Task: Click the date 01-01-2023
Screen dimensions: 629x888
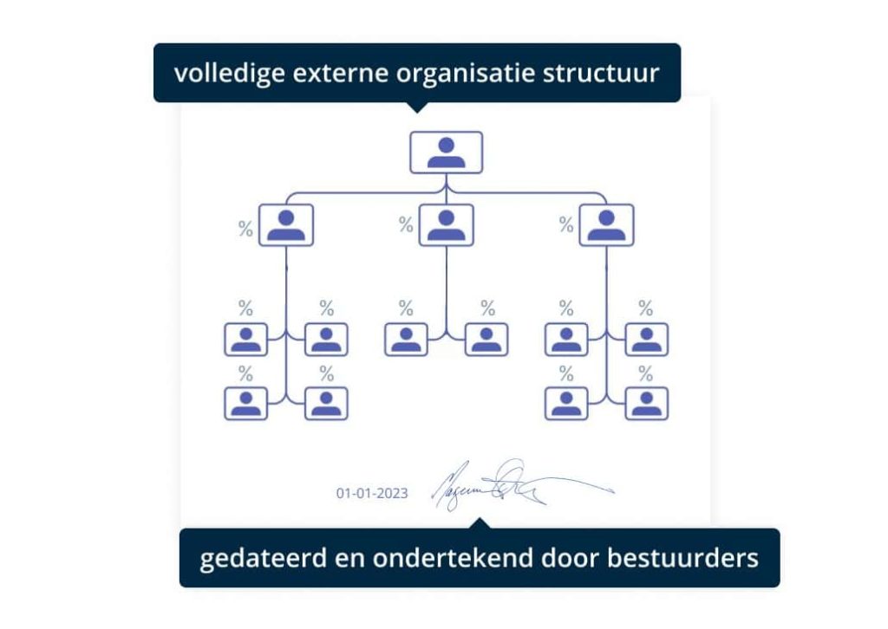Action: point(372,493)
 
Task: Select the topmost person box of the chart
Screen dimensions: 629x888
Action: point(446,152)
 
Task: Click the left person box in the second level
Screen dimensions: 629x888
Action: point(286,225)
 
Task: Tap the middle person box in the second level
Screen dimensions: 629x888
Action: point(446,225)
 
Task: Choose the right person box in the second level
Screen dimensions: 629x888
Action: point(606,225)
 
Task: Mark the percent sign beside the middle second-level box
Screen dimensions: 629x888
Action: point(406,226)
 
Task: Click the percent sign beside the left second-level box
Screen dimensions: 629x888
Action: point(245,229)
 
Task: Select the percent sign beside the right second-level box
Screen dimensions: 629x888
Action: point(566,226)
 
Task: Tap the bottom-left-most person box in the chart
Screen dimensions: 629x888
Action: point(246,403)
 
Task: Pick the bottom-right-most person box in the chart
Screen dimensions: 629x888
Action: point(646,403)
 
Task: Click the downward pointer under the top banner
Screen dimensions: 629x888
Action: point(417,107)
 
